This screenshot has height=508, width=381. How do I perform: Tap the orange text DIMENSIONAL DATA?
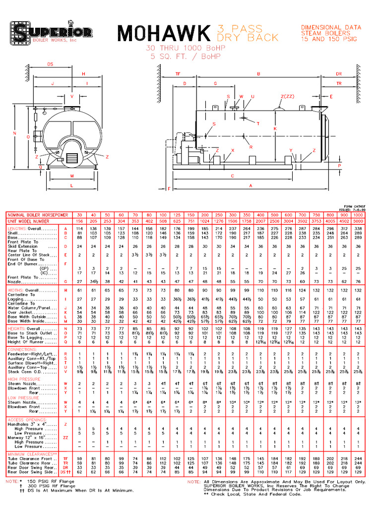[x=328, y=28]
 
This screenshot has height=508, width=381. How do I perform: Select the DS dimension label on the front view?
[x=50, y=64]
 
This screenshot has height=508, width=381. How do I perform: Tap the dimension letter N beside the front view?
[x=15, y=134]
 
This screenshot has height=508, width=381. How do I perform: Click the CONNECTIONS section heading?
[x=23, y=350]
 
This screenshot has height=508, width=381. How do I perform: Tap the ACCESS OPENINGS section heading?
[x=27, y=419]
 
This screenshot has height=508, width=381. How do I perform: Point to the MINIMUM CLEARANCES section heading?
[x=31, y=453]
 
